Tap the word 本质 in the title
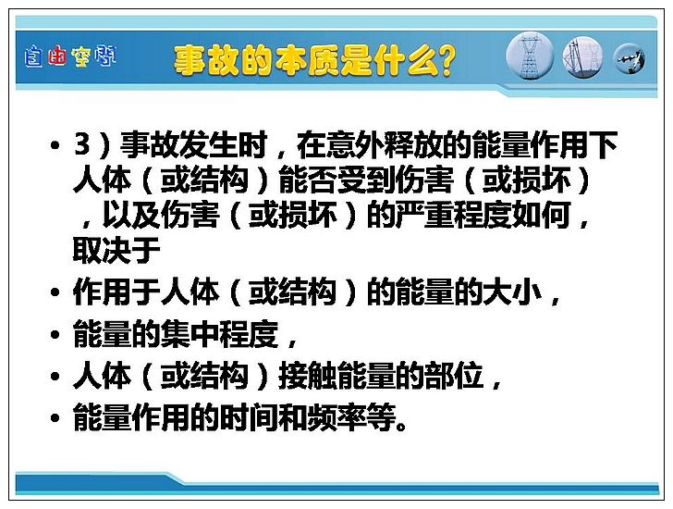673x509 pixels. click(x=307, y=61)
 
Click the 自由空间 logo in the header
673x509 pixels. click(x=70, y=56)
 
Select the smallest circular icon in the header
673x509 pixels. click(x=630, y=58)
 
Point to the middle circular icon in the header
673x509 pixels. click(x=582, y=57)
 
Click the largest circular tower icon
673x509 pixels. click(x=530, y=56)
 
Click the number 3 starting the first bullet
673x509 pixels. click(x=82, y=143)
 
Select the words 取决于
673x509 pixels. click(x=116, y=251)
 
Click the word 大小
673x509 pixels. click(x=512, y=292)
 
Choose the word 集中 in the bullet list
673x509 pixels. click(x=190, y=334)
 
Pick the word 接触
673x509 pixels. click(x=307, y=376)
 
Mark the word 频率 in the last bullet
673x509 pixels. click(x=336, y=417)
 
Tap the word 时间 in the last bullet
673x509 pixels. click(x=249, y=417)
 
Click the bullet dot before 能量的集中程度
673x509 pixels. click(x=55, y=334)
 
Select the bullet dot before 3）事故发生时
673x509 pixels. click(x=55, y=145)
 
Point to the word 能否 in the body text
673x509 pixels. click(x=307, y=180)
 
